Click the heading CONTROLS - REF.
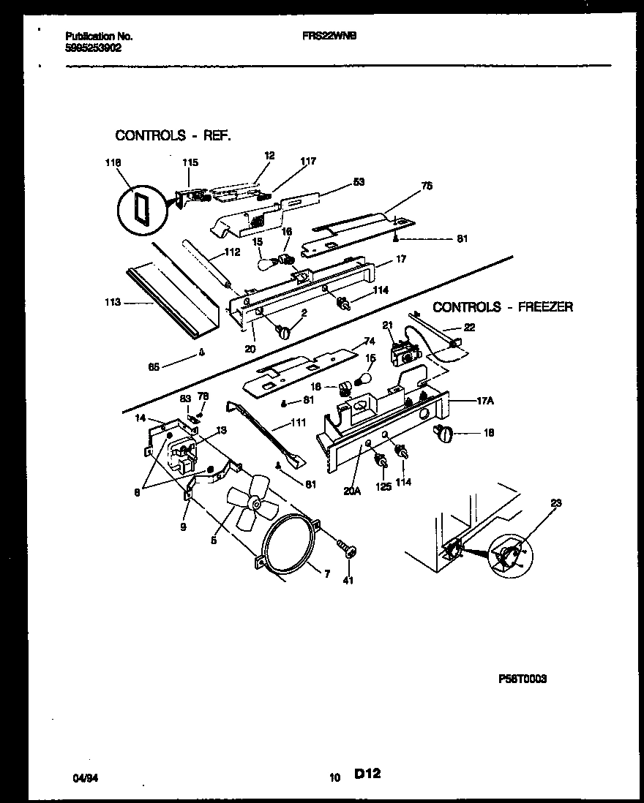(173, 135)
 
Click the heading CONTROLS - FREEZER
(503, 307)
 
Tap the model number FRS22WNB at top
(324, 35)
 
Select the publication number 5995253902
(94, 47)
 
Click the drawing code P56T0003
(522, 679)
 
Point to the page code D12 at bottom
(370, 774)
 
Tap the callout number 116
(112, 162)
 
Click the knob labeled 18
(443, 434)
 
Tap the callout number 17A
(486, 401)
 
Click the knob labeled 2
(283, 333)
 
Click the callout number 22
(470, 328)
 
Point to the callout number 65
(154, 368)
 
